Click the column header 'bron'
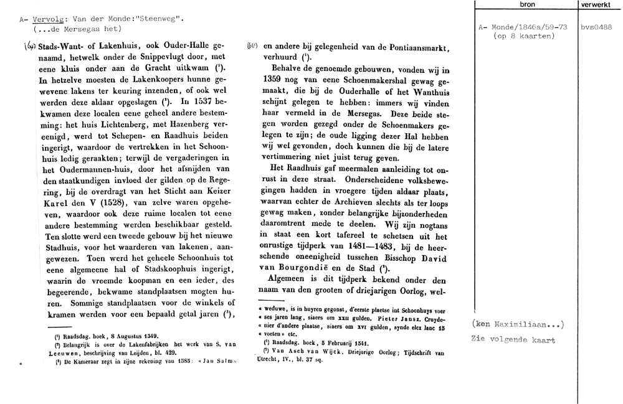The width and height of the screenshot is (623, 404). [x=526, y=5]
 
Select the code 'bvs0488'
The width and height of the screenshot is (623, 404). [x=595, y=27]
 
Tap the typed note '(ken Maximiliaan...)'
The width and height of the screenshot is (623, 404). [x=518, y=324]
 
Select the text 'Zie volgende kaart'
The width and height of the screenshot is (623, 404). [x=514, y=340]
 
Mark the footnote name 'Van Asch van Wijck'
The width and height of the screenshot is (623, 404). [x=297, y=353]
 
